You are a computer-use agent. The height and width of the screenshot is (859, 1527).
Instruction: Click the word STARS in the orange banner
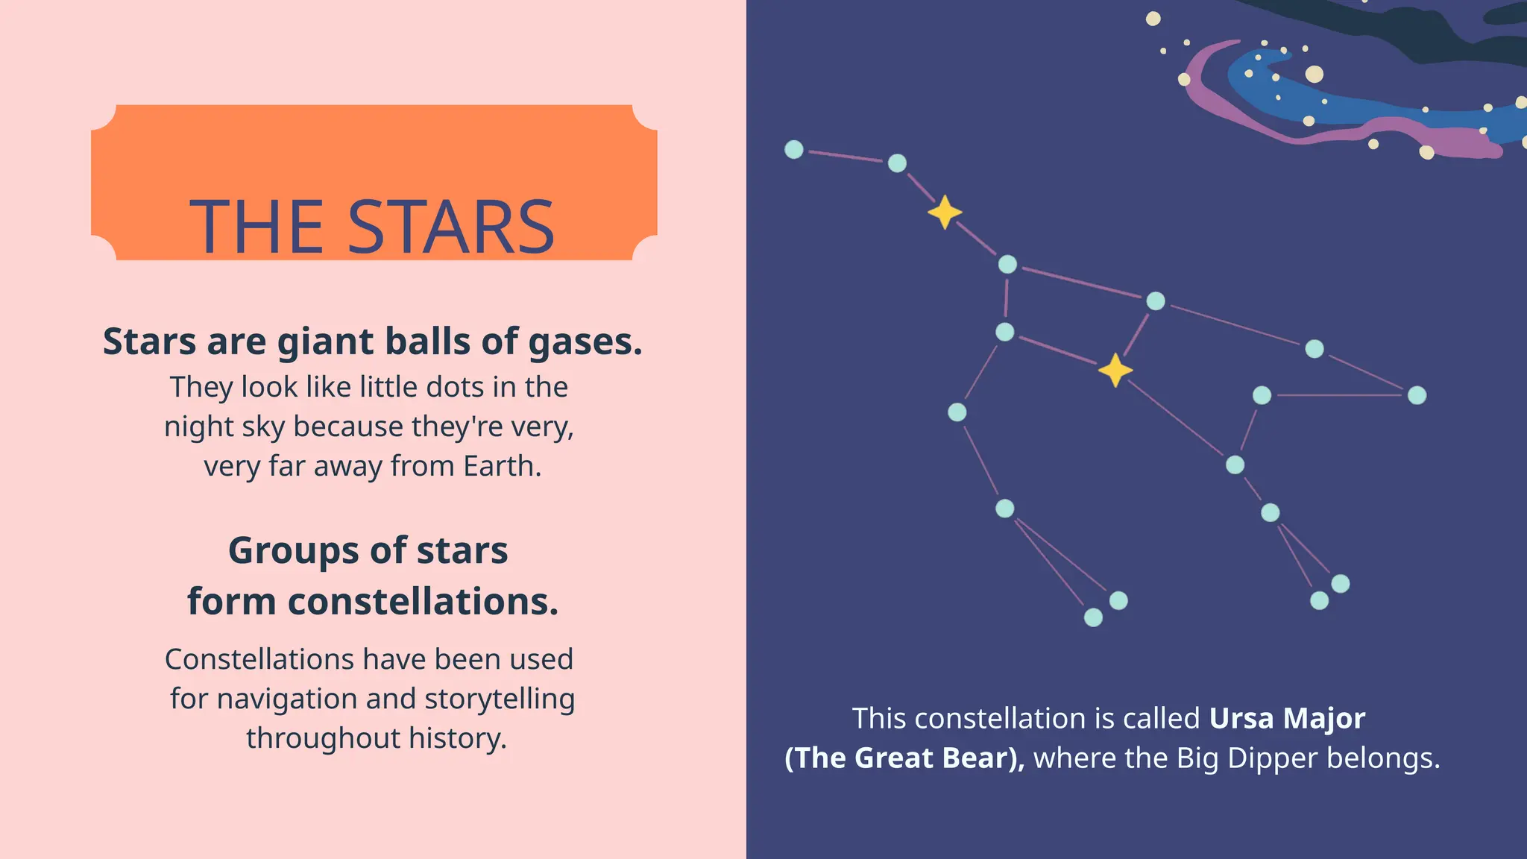pos(451,227)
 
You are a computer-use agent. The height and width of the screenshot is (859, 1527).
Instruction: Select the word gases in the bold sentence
pos(585,342)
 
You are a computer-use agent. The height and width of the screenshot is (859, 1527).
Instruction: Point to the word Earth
pos(502,466)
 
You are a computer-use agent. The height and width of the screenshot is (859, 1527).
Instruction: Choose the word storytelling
pos(500,699)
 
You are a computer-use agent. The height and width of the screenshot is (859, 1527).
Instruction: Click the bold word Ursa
pos(1241,718)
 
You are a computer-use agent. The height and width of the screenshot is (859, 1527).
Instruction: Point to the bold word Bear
pos(980,758)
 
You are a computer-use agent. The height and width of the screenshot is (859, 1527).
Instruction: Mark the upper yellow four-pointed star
pos(945,213)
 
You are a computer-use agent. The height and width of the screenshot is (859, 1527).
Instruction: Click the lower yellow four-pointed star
pos(1115,370)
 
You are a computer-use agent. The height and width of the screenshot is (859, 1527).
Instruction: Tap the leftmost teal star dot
pos(794,149)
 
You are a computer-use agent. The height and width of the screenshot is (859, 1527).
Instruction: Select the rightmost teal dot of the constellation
pos(1417,395)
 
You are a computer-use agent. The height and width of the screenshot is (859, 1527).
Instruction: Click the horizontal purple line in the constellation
pos(1339,395)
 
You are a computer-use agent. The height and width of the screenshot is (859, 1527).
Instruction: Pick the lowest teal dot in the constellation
pos(1093,617)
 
